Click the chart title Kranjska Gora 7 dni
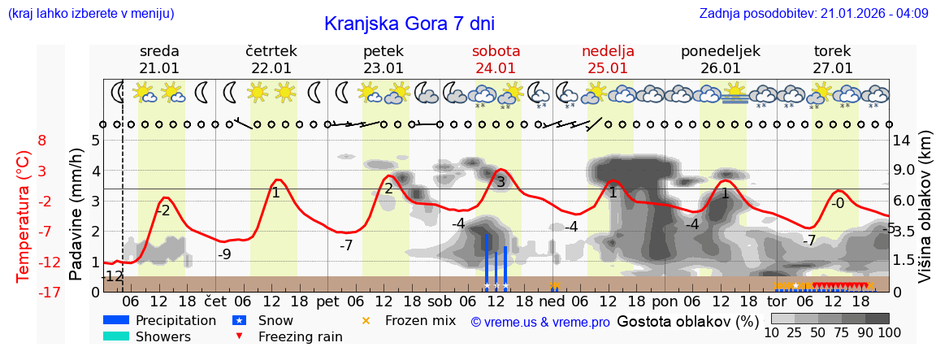(409, 24)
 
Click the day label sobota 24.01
(496, 59)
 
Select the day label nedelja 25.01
(608, 59)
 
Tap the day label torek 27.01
(833, 59)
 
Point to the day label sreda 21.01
(159, 59)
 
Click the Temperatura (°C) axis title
(24, 215)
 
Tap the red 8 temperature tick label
(42, 140)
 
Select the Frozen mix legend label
(420, 320)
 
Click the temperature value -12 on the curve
(113, 276)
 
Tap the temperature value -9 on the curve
(224, 254)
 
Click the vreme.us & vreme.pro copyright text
(540, 322)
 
